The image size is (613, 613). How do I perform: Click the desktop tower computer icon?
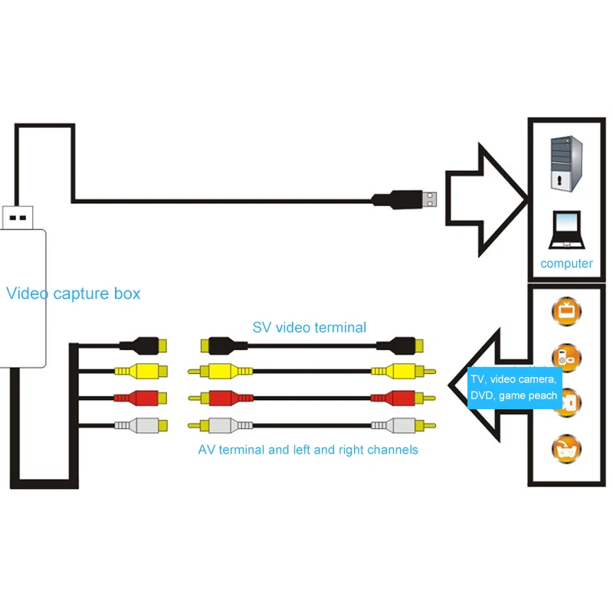point(566,163)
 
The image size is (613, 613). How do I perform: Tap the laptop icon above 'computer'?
point(566,229)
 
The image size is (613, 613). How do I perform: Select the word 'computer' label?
point(566,264)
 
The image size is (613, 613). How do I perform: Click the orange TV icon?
point(566,311)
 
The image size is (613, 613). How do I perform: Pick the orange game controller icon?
point(566,449)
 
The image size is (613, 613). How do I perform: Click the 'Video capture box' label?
point(73,293)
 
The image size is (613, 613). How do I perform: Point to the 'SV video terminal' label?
point(310,327)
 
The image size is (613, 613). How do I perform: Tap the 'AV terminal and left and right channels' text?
point(308,450)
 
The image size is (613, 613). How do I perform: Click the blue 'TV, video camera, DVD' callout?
point(514,388)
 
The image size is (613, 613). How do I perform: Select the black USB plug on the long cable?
point(404,199)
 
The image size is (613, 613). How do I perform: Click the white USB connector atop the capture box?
point(18,218)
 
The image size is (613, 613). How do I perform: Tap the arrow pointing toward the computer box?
point(487,200)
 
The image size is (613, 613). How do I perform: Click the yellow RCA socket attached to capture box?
point(141,371)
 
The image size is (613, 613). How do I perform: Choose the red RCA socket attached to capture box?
point(141,398)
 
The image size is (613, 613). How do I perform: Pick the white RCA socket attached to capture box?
point(141,425)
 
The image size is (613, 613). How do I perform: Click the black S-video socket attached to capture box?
point(143,346)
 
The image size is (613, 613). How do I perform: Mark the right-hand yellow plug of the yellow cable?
point(403,372)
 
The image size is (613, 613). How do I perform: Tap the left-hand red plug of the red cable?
point(221,398)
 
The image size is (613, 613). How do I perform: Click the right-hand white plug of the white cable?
point(403,425)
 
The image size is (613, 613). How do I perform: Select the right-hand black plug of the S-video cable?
point(399,346)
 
